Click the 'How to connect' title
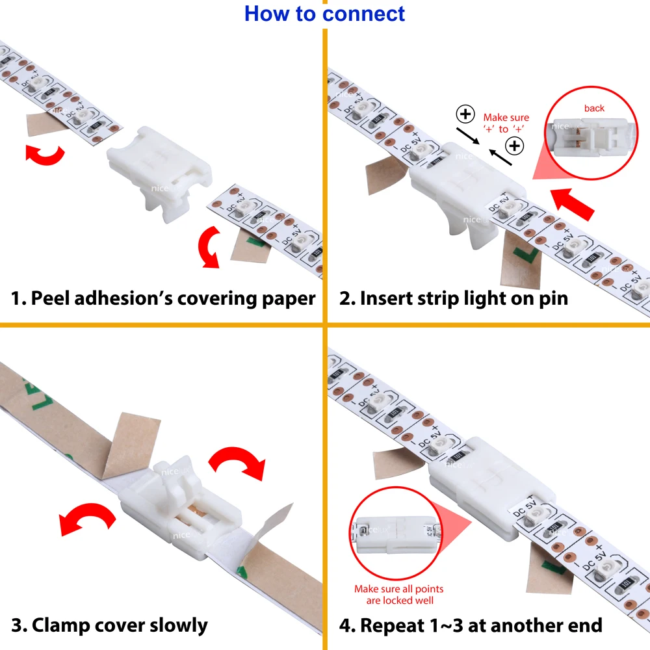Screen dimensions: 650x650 pyautogui.click(x=324, y=14)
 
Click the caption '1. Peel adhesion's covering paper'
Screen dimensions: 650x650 pyautogui.click(x=163, y=298)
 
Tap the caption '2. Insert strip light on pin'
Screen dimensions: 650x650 pyautogui.click(x=454, y=298)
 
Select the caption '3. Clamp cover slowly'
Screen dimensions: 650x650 pyautogui.click(x=109, y=625)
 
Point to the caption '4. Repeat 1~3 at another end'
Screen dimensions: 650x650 pyautogui.click(x=471, y=625)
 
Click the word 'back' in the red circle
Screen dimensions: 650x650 pyautogui.click(x=593, y=109)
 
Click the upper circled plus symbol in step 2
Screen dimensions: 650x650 pyautogui.click(x=465, y=115)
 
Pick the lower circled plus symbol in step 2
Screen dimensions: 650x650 pyautogui.click(x=515, y=146)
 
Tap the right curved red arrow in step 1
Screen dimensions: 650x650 pyautogui.click(x=209, y=247)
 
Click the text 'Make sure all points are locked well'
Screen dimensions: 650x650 pyautogui.click(x=399, y=594)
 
